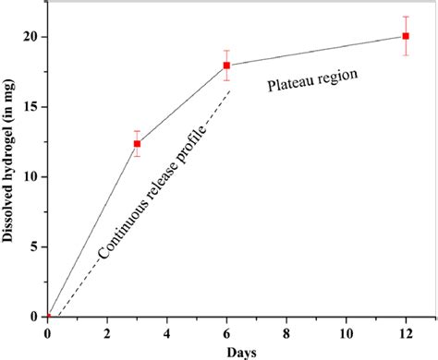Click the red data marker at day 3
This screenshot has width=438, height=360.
tap(137, 143)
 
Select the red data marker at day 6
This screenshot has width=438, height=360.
tap(226, 66)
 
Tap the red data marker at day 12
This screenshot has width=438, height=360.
tap(406, 36)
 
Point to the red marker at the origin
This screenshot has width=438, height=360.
tap(47, 317)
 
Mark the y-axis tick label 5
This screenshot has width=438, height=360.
tap(33, 246)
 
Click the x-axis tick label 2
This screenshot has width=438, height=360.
tap(107, 332)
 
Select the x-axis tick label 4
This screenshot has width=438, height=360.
tap(167, 332)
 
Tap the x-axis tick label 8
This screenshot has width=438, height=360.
tap(286, 332)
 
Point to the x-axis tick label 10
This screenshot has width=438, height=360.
tap(346, 332)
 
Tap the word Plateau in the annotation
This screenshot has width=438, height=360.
tap(292, 86)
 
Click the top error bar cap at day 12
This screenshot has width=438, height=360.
tap(406, 17)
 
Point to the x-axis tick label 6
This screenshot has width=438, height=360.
tap(226, 332)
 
